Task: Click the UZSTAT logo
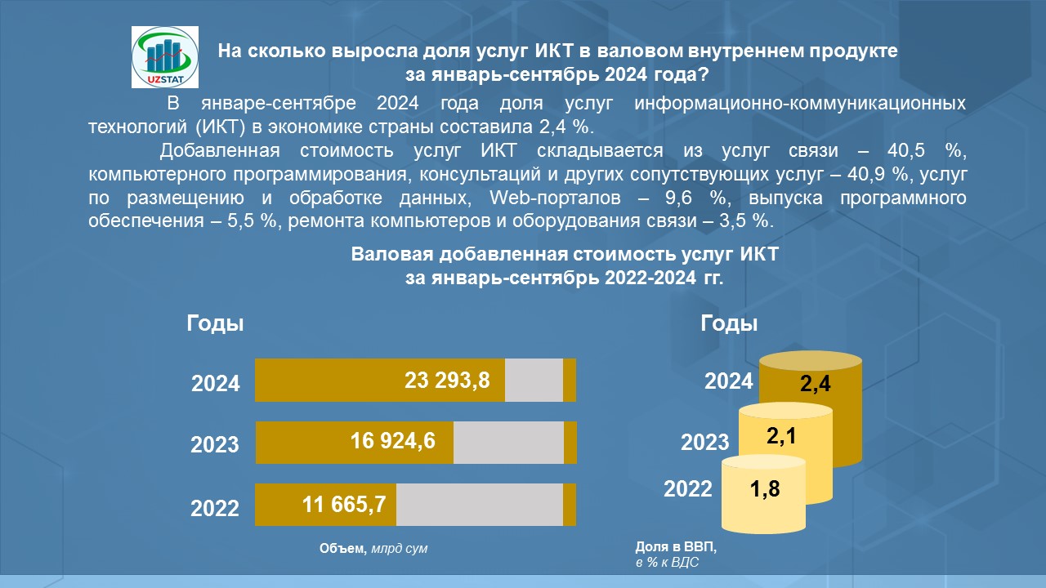(164, 56)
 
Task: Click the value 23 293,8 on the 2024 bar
(447, 379)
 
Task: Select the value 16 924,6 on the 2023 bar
(393, 441)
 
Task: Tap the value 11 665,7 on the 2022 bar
(344, 504)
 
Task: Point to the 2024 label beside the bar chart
(216, 384)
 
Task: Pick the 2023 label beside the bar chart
(215, 445)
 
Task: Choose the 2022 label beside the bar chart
(215, 508)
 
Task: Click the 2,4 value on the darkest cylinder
(816, 384)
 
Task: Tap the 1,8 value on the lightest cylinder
(766, 490)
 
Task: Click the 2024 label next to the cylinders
(729, 381)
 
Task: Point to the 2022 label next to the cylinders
(688, 489)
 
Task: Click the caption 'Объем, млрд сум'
(373, 549)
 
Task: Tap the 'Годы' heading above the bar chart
(216, 323)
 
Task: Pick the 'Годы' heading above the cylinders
(730, 323)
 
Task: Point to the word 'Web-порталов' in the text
(540, 198)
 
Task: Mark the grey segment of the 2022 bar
(479, 504)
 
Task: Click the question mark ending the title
(704, 74)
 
